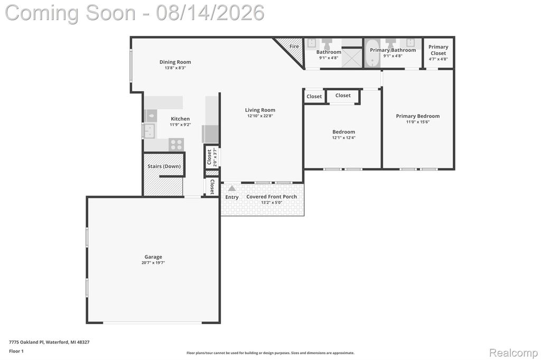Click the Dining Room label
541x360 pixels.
click(175, 62)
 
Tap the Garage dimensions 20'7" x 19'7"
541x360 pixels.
click(153, 263)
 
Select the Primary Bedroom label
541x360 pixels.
click(418, 116)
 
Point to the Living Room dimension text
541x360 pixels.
click(260, 116)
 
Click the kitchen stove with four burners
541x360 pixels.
click(176, 145)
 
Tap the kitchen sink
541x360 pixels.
click(149, 131)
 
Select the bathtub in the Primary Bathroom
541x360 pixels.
click(372, 53)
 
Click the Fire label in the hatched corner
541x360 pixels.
click(294, 46)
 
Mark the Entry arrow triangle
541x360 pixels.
click(232, 188)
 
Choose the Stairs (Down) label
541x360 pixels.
click(164, 166)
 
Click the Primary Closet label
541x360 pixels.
click(438, 50)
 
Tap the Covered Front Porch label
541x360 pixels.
click(272, 196)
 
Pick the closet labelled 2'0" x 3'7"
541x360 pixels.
click(211, 157)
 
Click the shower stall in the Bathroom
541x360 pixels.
click(352, 58)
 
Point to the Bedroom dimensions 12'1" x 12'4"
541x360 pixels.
click(343, 138)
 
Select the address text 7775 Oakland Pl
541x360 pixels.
click(26, 342)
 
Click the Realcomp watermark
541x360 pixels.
click(514, 353)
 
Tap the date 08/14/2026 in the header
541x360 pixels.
click(210, 13)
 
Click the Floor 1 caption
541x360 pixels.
click(16, 351)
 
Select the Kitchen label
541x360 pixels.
click(180, 119)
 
